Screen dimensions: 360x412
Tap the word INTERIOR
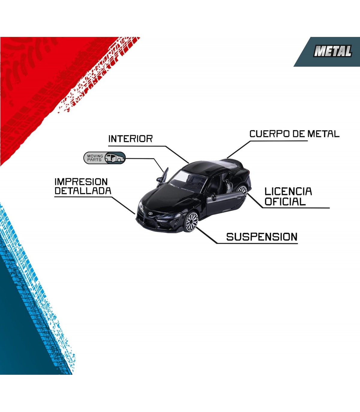click(130, 139)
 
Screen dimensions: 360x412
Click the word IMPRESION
click(81, 182)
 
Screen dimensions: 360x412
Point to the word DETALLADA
click(83, 191)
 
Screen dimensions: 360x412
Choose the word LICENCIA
click(288, 191)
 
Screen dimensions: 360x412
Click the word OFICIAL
click(285, 201)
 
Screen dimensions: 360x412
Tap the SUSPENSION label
click(262, 237)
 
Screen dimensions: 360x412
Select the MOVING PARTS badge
click(104, 158)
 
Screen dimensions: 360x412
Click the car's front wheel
click(191, 222)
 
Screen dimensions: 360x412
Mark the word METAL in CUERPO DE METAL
click(324, 134)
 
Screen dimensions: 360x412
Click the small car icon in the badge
click(115, 158)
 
